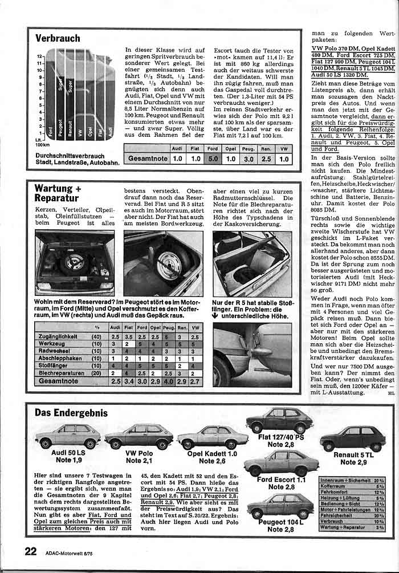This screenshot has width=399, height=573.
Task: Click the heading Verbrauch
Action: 58,39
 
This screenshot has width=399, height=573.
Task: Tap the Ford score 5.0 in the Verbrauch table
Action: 213,159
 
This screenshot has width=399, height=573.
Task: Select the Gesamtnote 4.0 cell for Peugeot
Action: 169,380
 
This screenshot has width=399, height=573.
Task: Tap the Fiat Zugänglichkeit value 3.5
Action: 129,336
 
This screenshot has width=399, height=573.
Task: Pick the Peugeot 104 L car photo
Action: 280,505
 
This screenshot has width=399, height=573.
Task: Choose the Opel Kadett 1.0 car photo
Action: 212,437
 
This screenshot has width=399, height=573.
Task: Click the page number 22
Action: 31,551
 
